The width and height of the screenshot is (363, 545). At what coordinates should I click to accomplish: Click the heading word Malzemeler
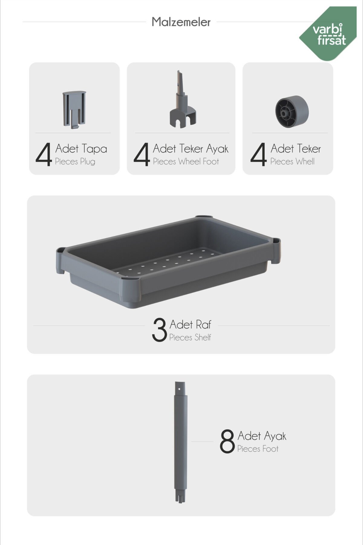pyautogui.click(x=181, y=22)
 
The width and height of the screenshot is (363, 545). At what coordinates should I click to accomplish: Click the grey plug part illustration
pyautogui.click(x=74, y=110)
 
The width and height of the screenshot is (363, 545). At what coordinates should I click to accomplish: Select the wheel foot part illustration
pyautogui.click(x=183, y=99)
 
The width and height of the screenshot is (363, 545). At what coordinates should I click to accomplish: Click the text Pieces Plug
pyautogui.click(x=75, y=161)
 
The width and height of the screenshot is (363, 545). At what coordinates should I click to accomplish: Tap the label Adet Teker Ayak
pyautogui.click(x=191, y=149)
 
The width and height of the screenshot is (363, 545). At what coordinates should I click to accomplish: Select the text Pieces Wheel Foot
pyautogui.click(x=186, y=161)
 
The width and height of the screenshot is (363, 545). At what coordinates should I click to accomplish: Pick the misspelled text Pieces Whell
pyautogui.click(x=292, y=161)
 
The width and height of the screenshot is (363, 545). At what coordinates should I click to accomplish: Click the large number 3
pyautogui.click(x=159, y=330)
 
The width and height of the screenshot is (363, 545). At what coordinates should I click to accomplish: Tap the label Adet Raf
pyautogui.click(x=190, y=325)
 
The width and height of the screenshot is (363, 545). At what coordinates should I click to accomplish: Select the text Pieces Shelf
pyautogui.click(x=190, y=337)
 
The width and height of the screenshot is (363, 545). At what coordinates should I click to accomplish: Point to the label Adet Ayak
pyautogui.click(x=262, y=436)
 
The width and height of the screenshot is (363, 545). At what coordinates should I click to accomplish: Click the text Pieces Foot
pyautogui.click(x=258, y=449)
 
